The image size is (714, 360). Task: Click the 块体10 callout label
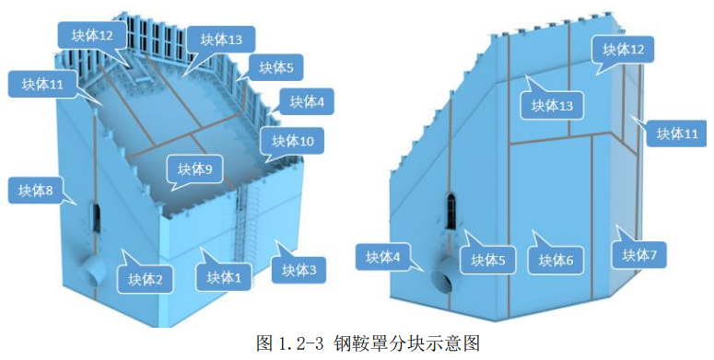[x=293, y=142]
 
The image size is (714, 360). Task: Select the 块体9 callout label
[x=194, y=169]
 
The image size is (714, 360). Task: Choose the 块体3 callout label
[x=299, y=270]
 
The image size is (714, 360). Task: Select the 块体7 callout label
[x=638, y=254]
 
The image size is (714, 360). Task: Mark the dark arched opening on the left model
[x=96, y=215]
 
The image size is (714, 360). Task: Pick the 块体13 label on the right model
[x=552, y=106]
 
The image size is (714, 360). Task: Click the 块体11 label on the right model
[x=676, y=134]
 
